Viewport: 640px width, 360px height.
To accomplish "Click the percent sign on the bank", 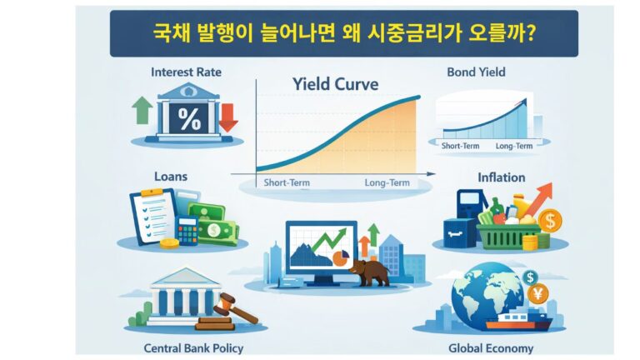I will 189,119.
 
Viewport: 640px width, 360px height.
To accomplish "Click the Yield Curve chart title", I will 335,84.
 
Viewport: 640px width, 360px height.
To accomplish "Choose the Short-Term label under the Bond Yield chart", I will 459,146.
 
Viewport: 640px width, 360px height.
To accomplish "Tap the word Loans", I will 170,177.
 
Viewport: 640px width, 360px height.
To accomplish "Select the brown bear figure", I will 369,272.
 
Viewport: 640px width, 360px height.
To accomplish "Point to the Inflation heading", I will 501,177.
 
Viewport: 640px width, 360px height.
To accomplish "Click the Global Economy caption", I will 501,347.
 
